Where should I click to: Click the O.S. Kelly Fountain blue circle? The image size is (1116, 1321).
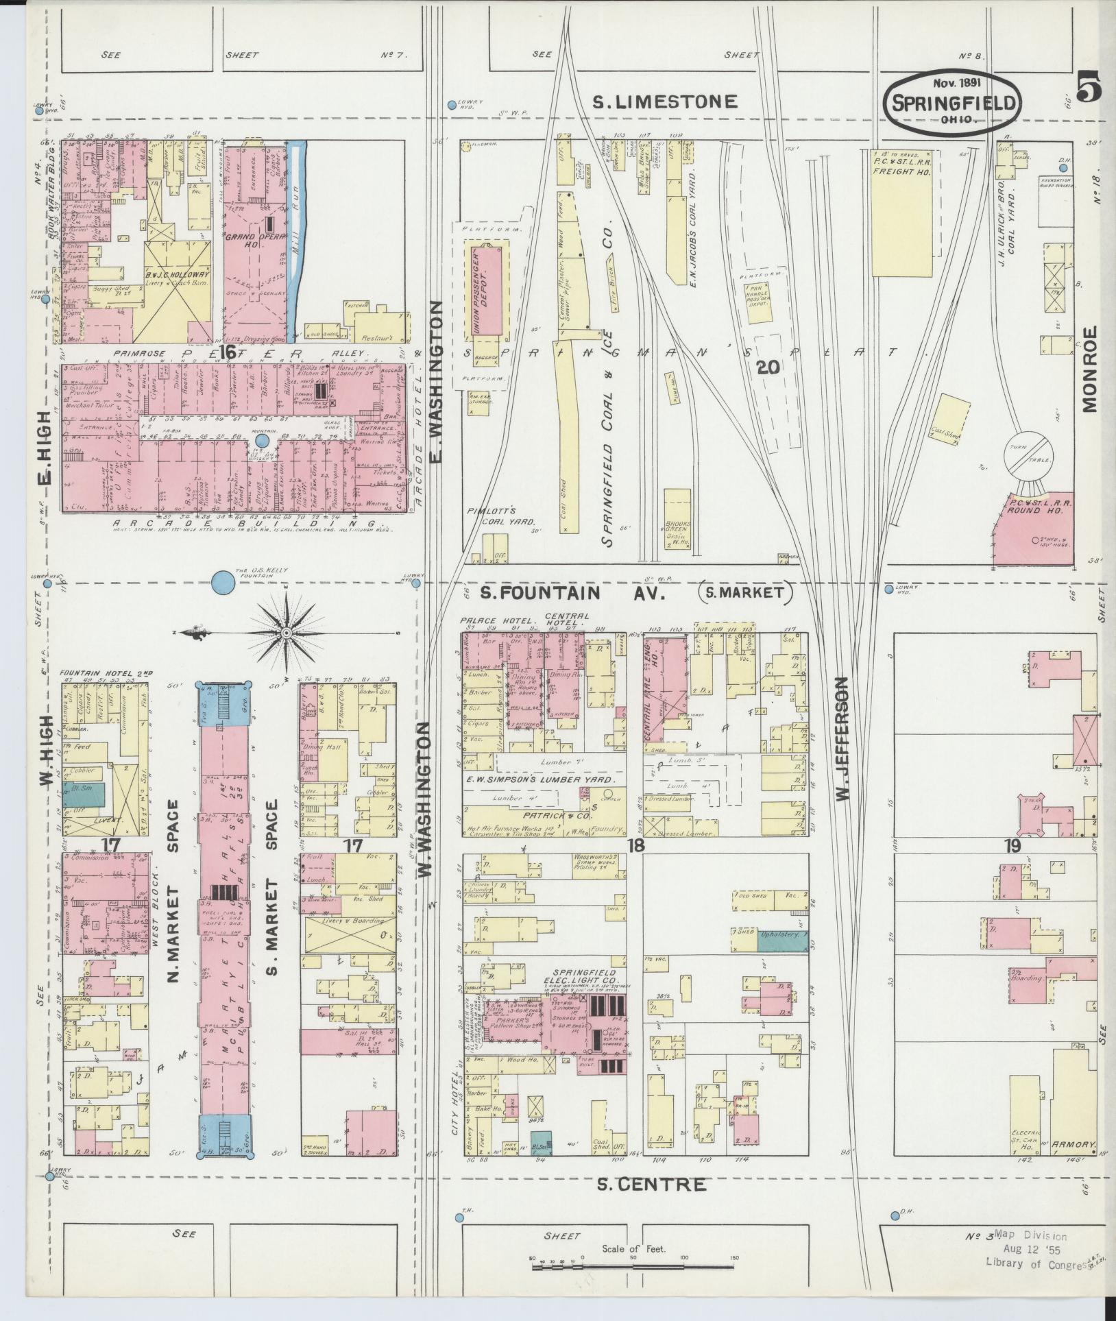tap(221, 583)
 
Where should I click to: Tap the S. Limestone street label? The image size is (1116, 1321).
tap(664, 102)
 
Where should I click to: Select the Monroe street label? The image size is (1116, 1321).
tap(1089, 369)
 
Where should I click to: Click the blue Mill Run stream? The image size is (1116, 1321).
tap(297, 233)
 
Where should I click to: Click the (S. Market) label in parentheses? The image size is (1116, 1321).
tap(744, 592)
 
